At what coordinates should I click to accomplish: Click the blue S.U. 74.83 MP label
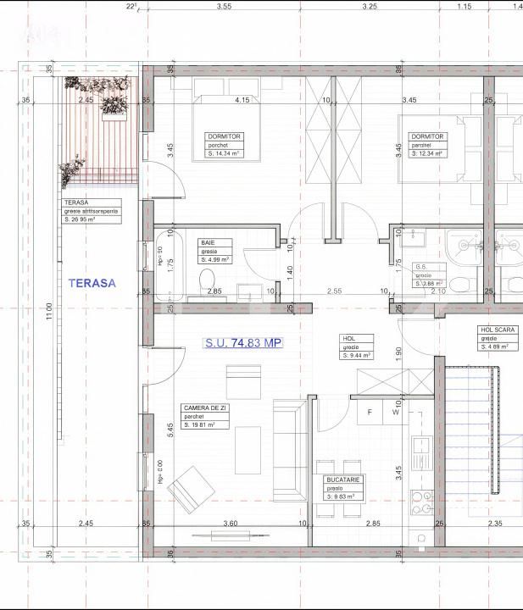click(x=242, y=343)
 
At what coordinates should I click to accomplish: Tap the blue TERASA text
click(x=92, y=283)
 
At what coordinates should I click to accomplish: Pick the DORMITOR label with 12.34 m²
click(x=427, y=145)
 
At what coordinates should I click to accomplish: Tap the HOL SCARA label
click(x=495, y=337)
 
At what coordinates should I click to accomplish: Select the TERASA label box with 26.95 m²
click(x=92, y=212)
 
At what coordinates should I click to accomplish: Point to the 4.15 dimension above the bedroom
click(x=242, y=100)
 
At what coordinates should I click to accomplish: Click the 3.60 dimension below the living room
click(x=229, y=524)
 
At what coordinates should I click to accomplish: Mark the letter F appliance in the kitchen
click(x=370, y=413)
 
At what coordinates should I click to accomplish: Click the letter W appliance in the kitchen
click(x=395, y=413)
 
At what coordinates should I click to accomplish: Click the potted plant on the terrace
click(x=110, y=104)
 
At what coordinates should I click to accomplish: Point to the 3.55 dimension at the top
click(x=224, y=6)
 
